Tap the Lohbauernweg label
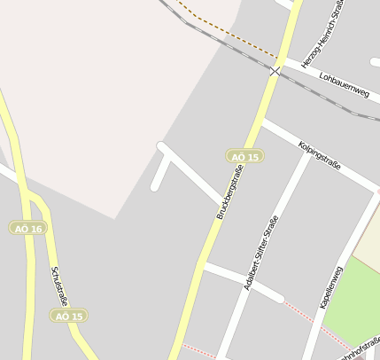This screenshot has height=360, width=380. click(x=343, y=84)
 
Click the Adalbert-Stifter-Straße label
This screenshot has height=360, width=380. click(x=261, y=253)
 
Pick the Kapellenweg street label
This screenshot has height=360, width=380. click(x=330, y=285)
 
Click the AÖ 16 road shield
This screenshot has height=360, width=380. click(x=27, y=228)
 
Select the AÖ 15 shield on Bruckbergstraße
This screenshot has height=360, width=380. click(x=244, y=156)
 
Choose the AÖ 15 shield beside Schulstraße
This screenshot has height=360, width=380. click(x=68, y=316)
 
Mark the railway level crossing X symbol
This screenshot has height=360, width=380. click(x=276, y=71)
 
